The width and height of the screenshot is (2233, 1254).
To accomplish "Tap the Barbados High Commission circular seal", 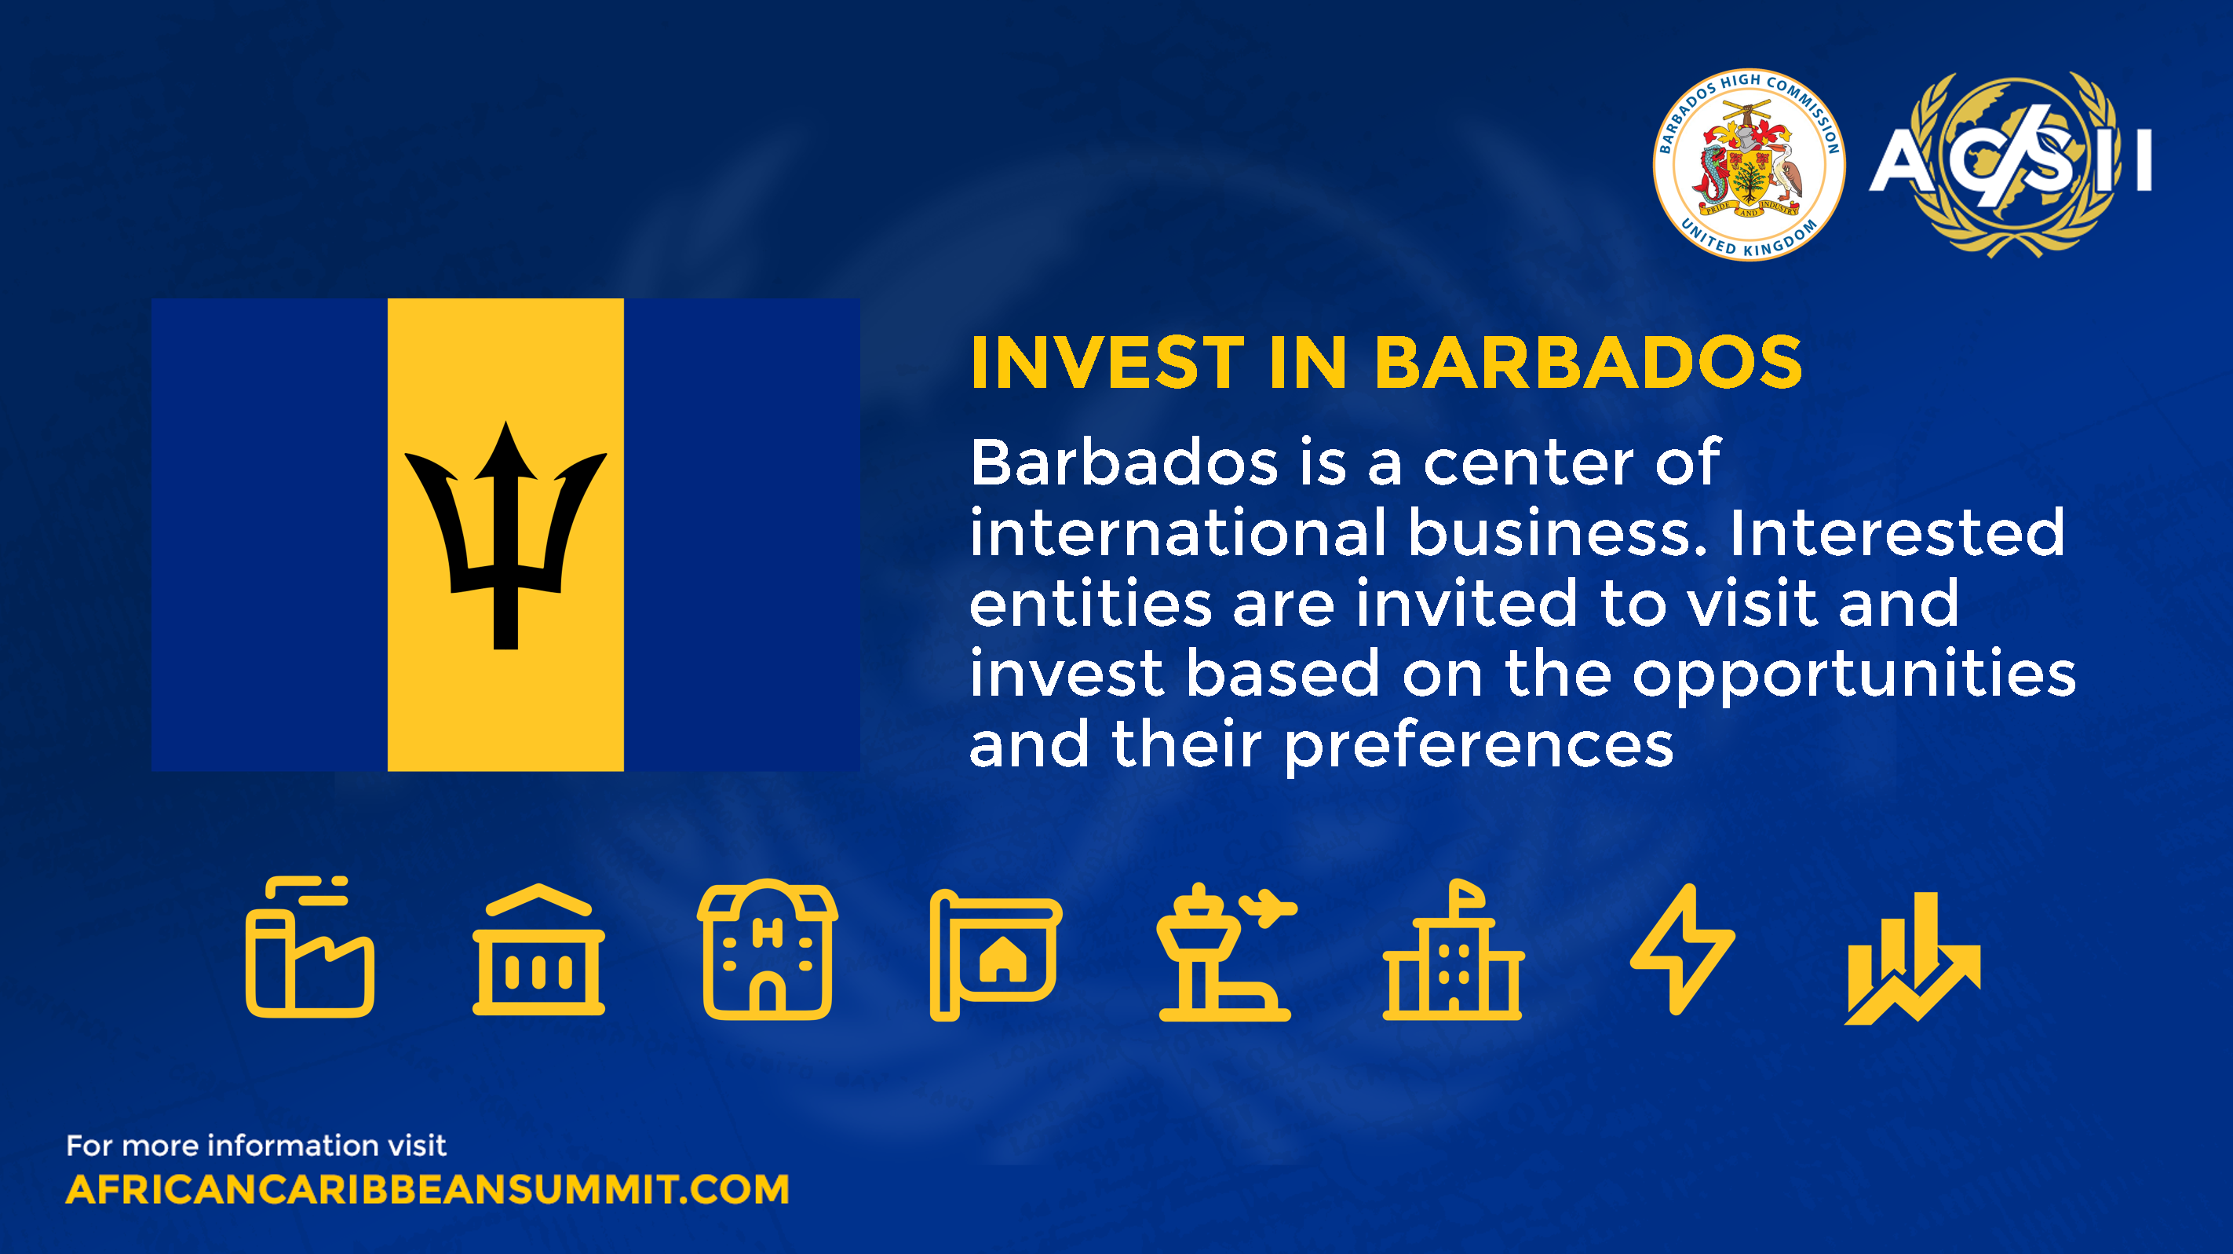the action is [1749, 165].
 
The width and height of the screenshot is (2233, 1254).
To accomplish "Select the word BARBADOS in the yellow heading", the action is [1588, 363].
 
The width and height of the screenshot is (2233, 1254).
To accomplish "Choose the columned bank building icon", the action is [538, 949].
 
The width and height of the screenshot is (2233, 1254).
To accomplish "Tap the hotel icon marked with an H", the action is [767, 949].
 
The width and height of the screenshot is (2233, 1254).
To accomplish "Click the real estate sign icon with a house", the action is [995, 955].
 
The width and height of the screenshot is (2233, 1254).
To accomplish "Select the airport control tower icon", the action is [1226, 952].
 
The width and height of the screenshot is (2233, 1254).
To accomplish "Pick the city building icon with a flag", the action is [1453, 949].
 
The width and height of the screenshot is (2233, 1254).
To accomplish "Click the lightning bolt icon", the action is [1683, 949].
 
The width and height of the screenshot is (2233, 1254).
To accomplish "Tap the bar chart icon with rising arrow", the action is [1912, 958].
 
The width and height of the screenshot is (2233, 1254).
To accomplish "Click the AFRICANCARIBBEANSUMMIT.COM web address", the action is [427, 1190].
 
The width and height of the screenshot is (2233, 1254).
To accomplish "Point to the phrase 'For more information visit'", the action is [256, 1146].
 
